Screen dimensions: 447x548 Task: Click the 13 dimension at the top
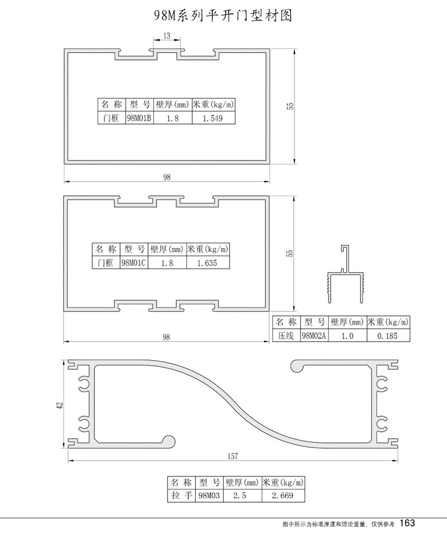[167, 36]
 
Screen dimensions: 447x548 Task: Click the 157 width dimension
[232, 456]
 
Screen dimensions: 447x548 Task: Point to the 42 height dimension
[60, 405]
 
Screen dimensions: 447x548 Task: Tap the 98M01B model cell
[139, 118]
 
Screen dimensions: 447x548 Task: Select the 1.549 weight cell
[213, 118]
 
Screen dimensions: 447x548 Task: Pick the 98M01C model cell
[134, 263]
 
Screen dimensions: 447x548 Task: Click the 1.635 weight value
[207, 263]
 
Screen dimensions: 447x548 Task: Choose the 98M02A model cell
[314, 336]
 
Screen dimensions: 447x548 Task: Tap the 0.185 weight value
[387, 336]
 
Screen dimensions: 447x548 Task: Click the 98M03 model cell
[209, 495]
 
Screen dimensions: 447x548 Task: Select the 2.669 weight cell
[283, 495]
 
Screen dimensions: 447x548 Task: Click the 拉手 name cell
[182, 495]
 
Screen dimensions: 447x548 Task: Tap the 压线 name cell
[286, 336]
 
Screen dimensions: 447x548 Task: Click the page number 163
[407, 523]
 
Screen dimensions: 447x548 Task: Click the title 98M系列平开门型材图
[223, 16]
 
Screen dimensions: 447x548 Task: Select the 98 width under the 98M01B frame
[167, 177]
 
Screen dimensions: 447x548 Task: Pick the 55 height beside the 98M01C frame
[289, 253]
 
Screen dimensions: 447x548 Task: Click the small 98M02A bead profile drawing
[346, 273]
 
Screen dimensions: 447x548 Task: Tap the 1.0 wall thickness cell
[348, 336]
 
